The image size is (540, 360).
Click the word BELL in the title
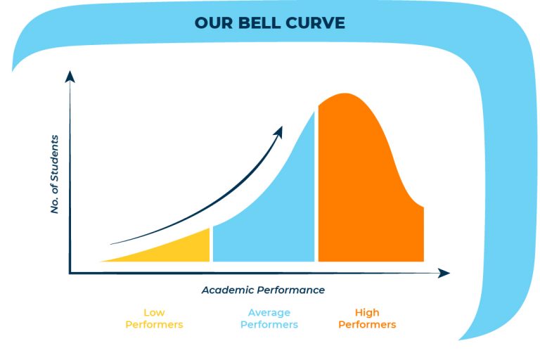point(257,22)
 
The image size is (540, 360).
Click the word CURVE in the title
point(315,22)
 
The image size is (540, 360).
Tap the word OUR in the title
point(212,22)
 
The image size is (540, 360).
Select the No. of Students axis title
point(55,174)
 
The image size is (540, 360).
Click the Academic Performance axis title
point(263,290)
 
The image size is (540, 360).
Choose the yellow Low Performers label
point(154,319)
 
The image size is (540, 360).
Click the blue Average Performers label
point(269,319)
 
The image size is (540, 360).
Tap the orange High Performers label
point(367,319)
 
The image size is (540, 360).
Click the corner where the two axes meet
point(70,273)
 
